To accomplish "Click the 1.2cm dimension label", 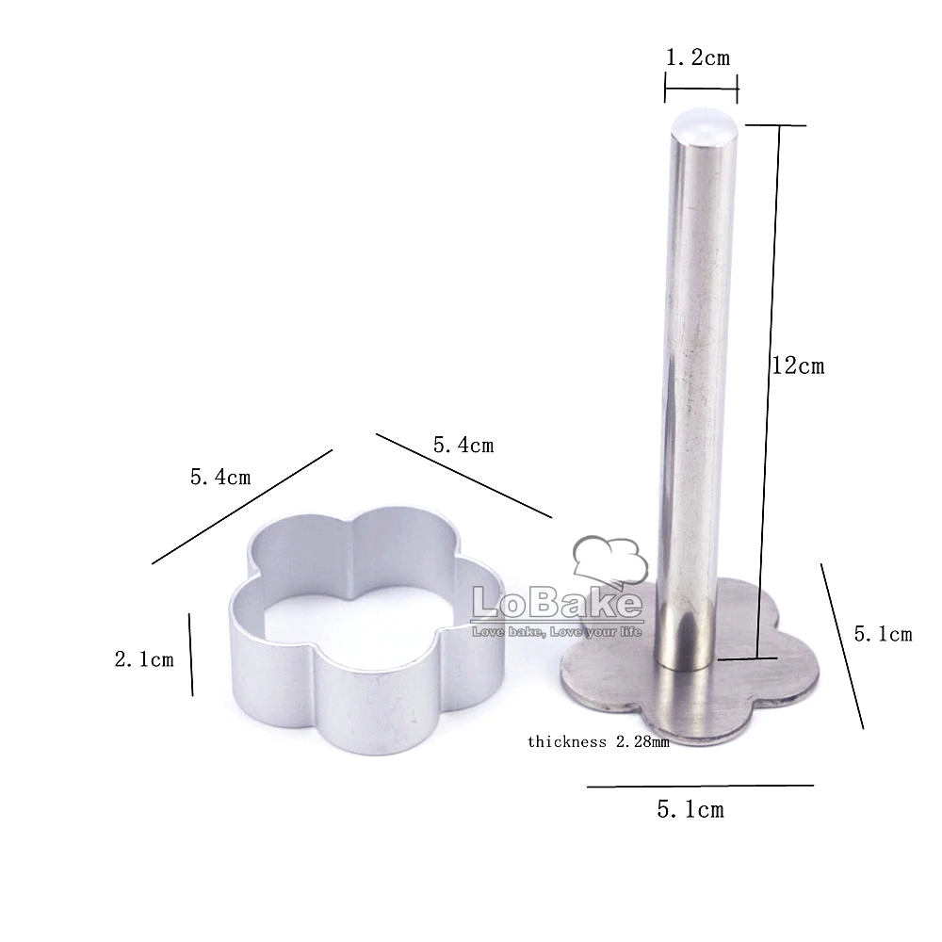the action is point(698,57).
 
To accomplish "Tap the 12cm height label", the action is point(798,365).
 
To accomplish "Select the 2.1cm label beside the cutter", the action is point(144,659).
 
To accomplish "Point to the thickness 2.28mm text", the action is point(598,742).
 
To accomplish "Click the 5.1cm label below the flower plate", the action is point(690,809).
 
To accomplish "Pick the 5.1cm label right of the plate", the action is point(884,634).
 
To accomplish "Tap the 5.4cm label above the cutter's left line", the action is point(220,477).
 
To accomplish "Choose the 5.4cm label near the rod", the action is point(463,446).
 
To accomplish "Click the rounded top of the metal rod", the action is point(704,125).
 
